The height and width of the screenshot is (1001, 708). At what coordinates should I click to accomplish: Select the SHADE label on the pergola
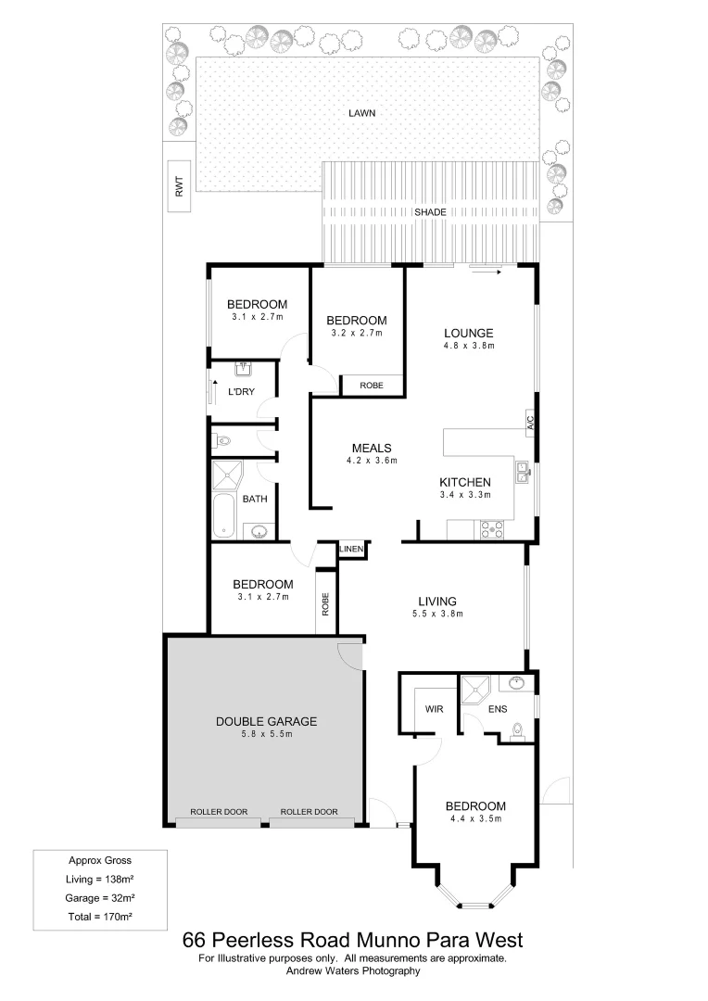pyautogui.click(x=430, y=212)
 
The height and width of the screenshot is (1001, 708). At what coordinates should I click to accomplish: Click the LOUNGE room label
pyautogui.click(x=469, y=334)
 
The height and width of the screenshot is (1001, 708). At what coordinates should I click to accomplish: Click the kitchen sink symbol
pyautogui.click(x=523, y=471)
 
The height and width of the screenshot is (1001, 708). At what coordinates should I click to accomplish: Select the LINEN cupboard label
pyautogui.click(x=352, y=551)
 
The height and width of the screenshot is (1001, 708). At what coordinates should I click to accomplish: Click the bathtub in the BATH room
pyautogui.click(x=222, y=515)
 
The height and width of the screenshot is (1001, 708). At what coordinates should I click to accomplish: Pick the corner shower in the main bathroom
pyautogui.click(x=226, y=476)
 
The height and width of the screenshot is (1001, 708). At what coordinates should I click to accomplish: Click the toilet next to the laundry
pyautogui.click(x=222, y=440)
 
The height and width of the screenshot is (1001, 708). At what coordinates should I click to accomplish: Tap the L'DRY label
pyautogui.click(x=241, y=391)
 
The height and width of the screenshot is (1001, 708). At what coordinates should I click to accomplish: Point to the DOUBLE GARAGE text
pyautogui.click(x=267, y=721)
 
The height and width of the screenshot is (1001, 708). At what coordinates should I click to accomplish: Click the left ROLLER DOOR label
pyautogui.click(x=219, y=812)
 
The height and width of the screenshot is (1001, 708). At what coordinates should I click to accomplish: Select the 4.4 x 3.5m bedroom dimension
pyautogui.click(x=474, y=819)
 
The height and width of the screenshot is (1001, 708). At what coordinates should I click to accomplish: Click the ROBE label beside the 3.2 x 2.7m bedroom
pyautogui.click(x=372, y=384)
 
